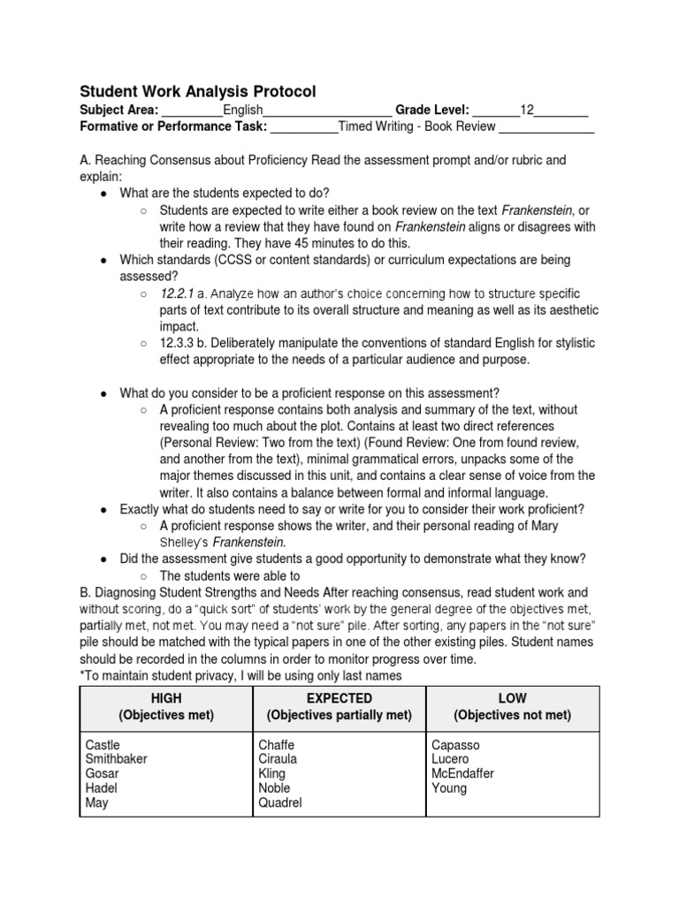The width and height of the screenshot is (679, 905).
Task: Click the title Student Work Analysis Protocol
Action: point(197,91)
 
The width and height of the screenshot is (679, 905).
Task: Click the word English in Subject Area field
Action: point(243,110)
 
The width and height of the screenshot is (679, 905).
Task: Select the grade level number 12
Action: point(527,110)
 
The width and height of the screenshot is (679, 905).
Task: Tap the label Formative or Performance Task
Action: point(173,126)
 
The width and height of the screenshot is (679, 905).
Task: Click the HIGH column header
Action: point(166,698)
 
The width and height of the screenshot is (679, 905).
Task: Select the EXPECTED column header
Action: point(339,698)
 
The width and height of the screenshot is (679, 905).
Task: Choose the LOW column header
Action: point(513,698)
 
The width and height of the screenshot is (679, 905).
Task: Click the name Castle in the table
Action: point(103,745)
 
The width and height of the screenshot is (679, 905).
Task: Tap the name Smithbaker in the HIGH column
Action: point(117,759)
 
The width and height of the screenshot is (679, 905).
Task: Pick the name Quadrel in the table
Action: point(280,803)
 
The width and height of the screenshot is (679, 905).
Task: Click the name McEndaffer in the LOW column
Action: point(462,774)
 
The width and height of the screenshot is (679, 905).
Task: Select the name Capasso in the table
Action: point(455,745)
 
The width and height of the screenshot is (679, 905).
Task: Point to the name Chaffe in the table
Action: point(277,745)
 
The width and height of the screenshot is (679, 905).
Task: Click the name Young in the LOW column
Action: point(449,788)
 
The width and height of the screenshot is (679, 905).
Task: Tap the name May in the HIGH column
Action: point(97,803)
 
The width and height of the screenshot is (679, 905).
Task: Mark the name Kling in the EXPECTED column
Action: point(273,774)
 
